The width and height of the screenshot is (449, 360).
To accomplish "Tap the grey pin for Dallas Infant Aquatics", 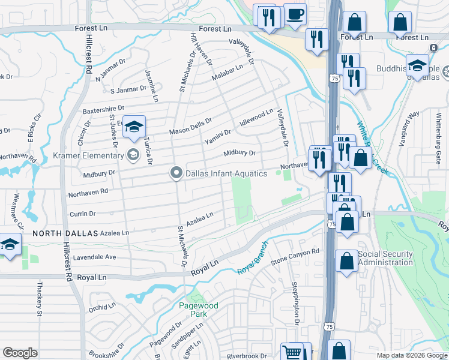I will click(176, 173).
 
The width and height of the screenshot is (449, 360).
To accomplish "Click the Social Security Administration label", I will click(385, 258).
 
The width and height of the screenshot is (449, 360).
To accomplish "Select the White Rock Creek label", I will click(373, 148).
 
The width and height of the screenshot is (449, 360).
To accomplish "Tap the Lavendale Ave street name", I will click(94, 257).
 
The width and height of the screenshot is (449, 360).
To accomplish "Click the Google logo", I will click(20, 353).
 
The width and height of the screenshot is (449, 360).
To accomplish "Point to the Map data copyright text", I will click(411, 355).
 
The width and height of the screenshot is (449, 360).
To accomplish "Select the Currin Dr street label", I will click(83, 214).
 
